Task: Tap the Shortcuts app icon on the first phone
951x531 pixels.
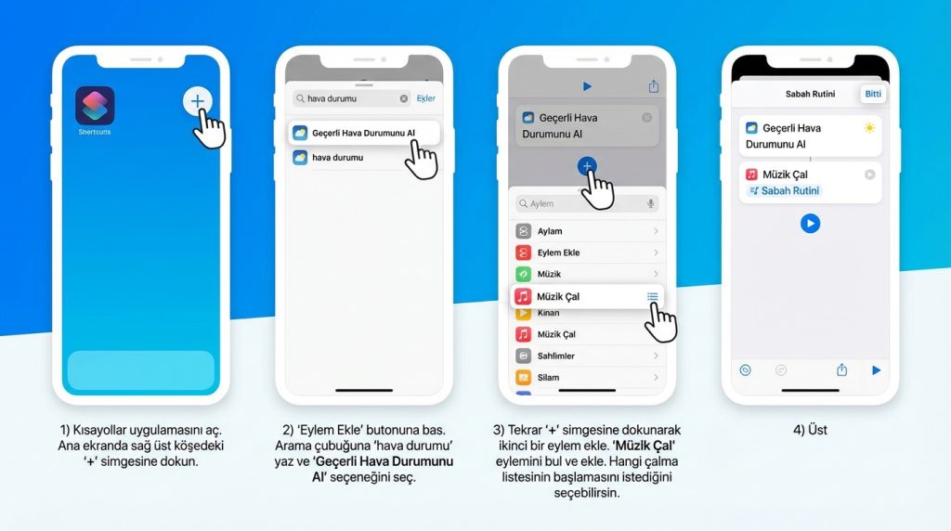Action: pos(95,106)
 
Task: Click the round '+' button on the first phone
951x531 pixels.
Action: pos(197,101)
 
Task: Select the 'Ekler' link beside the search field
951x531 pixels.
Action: pos(425,98)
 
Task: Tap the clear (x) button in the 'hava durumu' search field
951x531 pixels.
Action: pos(404,98)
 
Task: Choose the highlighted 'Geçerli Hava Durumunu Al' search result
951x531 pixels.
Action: pos(363,133)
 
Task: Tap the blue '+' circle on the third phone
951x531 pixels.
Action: pos(587,166)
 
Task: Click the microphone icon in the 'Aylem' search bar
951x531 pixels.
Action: pos(650,203)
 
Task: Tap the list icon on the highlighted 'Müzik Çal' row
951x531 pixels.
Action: pos(652,296)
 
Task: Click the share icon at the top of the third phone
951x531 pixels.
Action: pos(653,86)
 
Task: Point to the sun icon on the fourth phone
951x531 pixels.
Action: pos(869,128)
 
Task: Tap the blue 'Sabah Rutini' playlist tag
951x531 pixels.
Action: pos(785,190)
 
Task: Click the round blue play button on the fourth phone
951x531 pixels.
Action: pos(810,224)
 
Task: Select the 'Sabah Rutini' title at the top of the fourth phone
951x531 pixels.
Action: pos(810,94)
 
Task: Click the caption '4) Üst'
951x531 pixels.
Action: pos(810,430)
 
